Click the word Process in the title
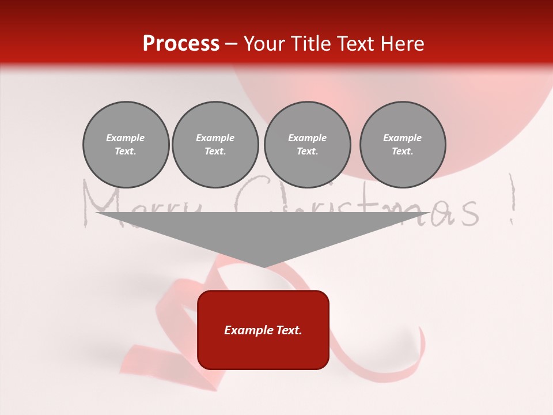181,43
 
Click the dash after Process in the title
232,44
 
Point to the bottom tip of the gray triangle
264,266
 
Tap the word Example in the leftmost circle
126,138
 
